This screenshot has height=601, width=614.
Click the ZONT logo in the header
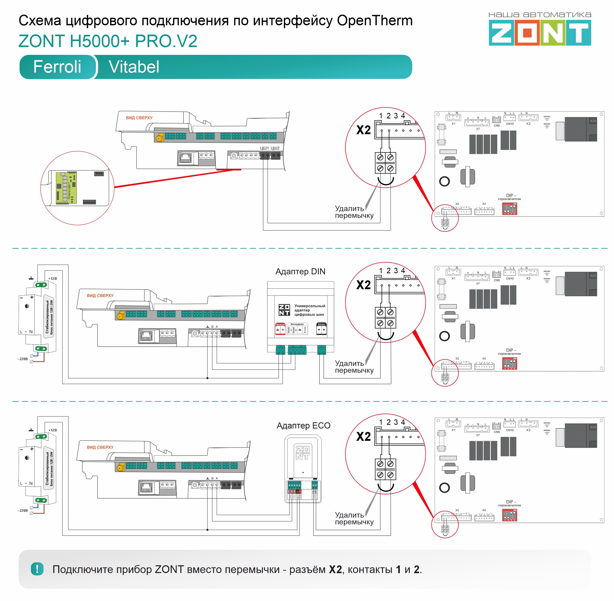tap(540, 33)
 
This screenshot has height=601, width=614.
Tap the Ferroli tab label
tap(57, 67)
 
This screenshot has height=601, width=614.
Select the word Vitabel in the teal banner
tap(134, 67)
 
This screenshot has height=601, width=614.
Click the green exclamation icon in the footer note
tap(37, 569)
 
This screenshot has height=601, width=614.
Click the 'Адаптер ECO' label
tap(303, 425)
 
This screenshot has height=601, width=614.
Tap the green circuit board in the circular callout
tap(66, 188)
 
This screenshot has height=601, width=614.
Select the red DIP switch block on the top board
tap(509, 209)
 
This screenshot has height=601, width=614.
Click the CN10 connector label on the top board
tap(510, 124)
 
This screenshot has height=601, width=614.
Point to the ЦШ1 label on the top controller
tap(264, 148)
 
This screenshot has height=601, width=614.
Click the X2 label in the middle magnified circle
tap(363, 285)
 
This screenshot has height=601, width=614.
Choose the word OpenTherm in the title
tap(375, 21)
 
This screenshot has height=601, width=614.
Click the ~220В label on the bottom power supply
tap(22, 510)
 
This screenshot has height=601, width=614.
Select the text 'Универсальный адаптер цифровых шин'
tap(309, 310)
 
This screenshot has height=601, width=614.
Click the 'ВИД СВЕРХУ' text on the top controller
tap(139, 118)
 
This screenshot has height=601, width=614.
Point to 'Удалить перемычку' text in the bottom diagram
tap(354, 518)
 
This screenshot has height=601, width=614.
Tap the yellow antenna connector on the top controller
tap(160, 138)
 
